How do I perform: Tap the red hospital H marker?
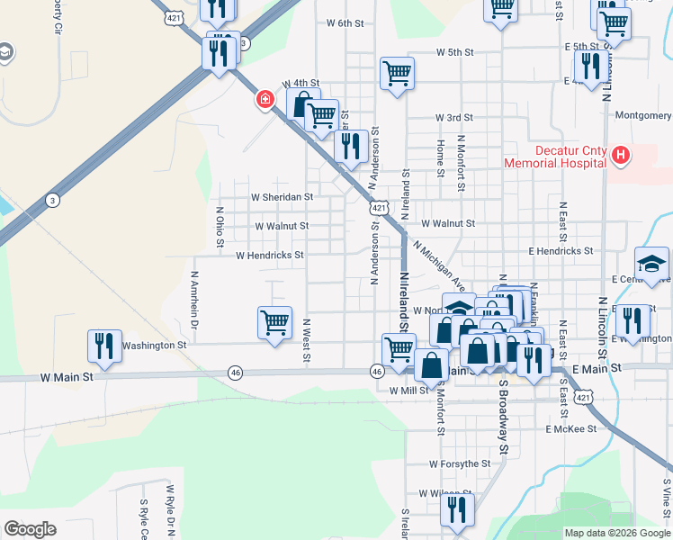click(620, 156)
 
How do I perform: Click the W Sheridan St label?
click(282, 196)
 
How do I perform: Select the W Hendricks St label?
click(269, 256)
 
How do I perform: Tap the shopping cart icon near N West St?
click(274, 321)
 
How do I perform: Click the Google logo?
click(30, 528)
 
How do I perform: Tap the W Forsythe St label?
click(459, 464)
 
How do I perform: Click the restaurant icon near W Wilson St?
click(458, 509)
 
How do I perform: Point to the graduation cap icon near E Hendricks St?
click(651, 264)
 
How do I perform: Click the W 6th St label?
click(345, 22)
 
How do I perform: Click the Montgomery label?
click(642, 115)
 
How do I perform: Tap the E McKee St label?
click(570, 430)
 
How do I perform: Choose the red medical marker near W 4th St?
click(265, 99)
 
